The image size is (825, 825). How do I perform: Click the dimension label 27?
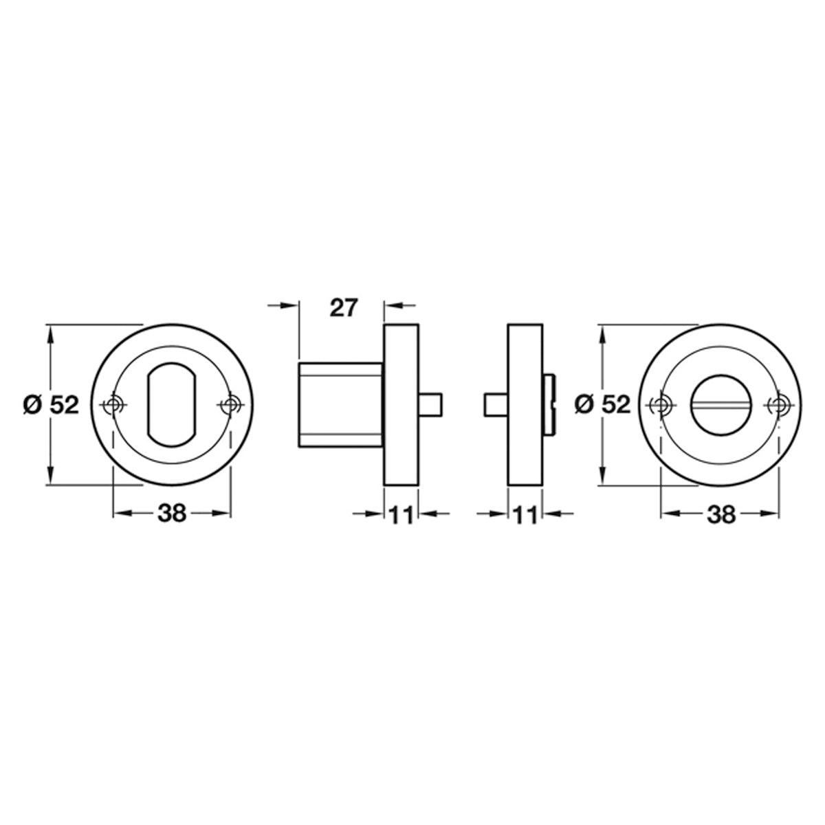(x=343, y=307)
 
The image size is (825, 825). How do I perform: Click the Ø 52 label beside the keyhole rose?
(x=52, y=404)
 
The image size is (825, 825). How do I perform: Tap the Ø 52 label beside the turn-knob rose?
(x=602, y=404)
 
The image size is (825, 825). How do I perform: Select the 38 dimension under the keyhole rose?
(x=172, y=513)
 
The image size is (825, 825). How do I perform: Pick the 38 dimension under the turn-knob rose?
(x=720, y=514)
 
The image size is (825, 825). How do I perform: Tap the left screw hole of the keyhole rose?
(x=113, y=404)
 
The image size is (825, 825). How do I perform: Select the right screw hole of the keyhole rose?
(x=231, y=404)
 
